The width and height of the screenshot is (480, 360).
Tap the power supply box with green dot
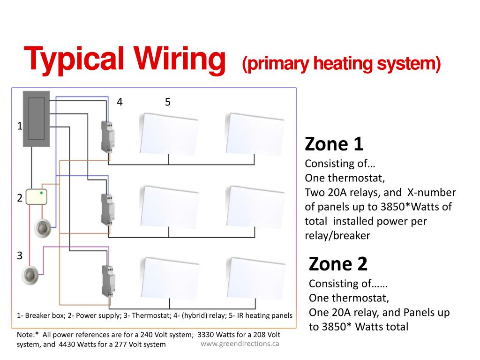[37, 197]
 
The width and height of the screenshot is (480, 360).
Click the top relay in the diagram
[107, 136]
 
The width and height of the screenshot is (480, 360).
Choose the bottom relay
[107, 281]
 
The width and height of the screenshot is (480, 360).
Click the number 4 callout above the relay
[120, 102]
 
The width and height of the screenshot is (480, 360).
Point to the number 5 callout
[167, 102]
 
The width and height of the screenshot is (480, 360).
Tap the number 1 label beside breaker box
[19, 126]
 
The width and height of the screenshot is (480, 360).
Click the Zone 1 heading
[334, 144]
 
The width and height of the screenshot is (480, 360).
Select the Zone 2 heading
[338, 264]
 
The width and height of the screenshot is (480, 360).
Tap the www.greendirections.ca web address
[240, 344]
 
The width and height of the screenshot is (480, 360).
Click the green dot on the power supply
[42, 192]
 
